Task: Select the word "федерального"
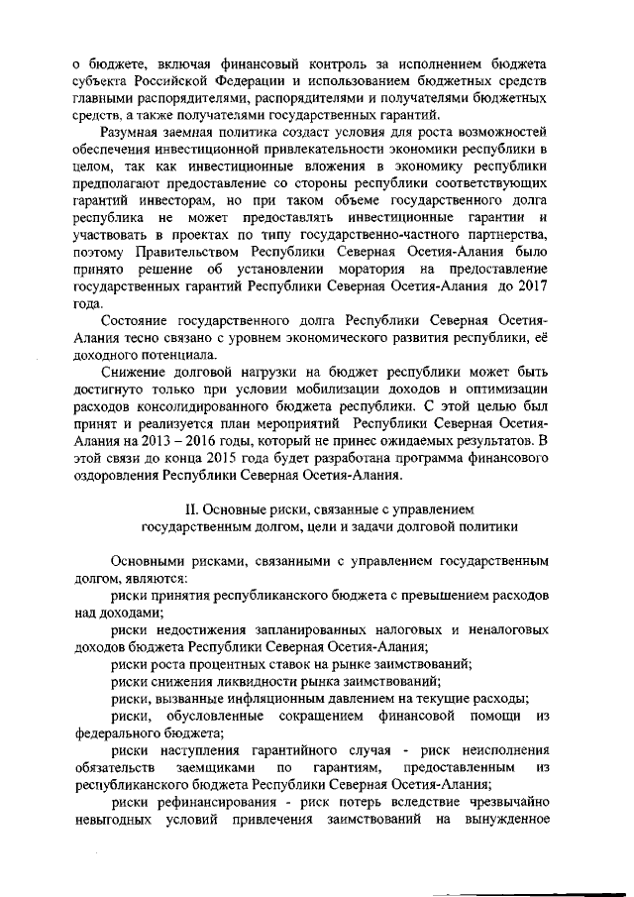pos(119,733)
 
